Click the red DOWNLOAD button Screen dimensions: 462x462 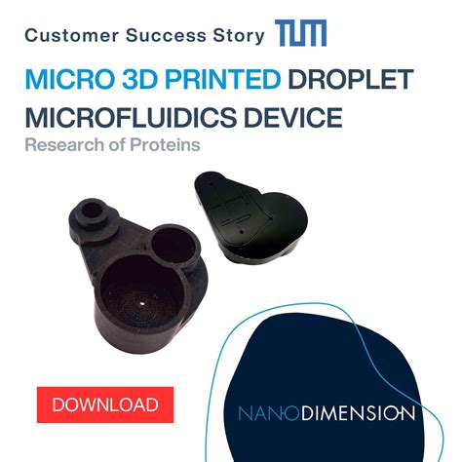tap(104, 403)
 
